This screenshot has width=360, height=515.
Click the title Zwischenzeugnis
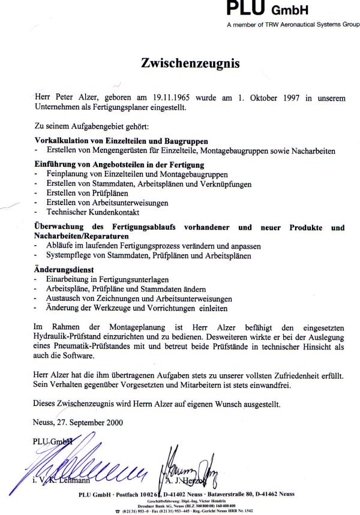pyautogui.click(x=190, y=63)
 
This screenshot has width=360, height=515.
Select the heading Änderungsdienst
pyautogui.click(x=60, y=270)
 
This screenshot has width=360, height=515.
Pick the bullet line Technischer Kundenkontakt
pyautogui.click(x=87, y=212)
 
